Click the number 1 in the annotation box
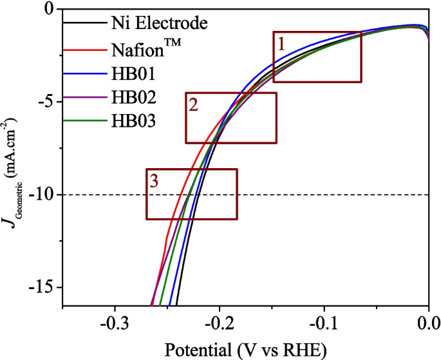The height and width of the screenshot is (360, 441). [281, 44]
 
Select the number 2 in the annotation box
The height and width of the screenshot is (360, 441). [193, 105]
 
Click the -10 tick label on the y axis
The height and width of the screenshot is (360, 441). [44, 194]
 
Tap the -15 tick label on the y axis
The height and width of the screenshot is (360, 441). [44, 287]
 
